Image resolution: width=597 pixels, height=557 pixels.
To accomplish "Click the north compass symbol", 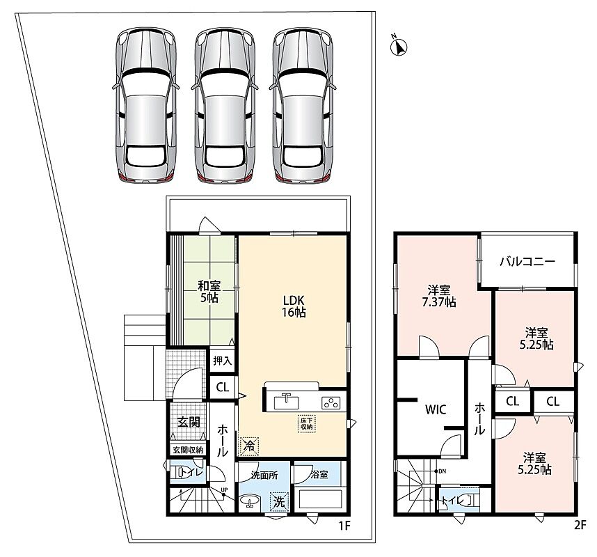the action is pos(399,47).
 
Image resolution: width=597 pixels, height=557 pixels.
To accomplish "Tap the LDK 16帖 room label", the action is pos(294,306).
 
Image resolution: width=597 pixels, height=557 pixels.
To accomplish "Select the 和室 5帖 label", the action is pos(209,292).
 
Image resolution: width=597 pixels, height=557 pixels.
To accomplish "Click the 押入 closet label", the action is pos(223,361).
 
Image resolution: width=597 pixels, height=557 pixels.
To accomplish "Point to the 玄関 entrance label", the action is pos(189,422).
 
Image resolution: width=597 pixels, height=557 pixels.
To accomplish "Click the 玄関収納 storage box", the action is pos(189,450).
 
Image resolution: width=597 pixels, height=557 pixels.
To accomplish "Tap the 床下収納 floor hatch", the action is pos(306,423).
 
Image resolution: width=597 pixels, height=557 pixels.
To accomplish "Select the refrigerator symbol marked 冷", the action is pos(248,446).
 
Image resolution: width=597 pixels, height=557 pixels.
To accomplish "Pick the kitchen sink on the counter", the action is pos(286,402).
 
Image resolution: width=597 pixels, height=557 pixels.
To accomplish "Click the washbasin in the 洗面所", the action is pos(250,501).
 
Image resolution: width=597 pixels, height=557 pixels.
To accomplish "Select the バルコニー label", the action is pos(527,261).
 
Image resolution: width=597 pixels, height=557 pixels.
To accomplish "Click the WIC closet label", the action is pos(436,409).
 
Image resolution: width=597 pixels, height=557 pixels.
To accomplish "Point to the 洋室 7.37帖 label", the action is pos(439,296).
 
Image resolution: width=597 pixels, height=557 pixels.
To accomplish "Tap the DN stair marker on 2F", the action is pos(440,471).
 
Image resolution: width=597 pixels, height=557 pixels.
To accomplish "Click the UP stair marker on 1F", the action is pos(224,492).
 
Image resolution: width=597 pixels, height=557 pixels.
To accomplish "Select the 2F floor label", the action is pos(580,526).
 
